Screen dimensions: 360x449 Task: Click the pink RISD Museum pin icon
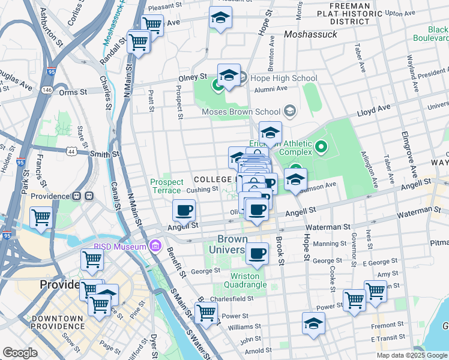point(156,246)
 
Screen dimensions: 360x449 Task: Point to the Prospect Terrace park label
point(166,185)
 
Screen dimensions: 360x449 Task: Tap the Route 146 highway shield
point(47,89)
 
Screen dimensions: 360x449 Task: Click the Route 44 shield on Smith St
point(71,152)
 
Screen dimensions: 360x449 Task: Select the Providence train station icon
point(82,196)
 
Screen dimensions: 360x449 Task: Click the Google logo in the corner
point(20,353)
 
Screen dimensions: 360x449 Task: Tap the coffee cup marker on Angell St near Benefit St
point(184,211)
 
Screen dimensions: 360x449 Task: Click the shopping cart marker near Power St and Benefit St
point(206,312)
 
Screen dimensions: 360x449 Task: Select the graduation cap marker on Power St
point(313,324)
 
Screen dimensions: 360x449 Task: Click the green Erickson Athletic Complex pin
point(321,146)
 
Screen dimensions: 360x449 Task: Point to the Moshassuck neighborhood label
point(310,35)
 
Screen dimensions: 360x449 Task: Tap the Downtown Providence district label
point(58,322)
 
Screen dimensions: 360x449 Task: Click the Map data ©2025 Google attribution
point(412,355)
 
